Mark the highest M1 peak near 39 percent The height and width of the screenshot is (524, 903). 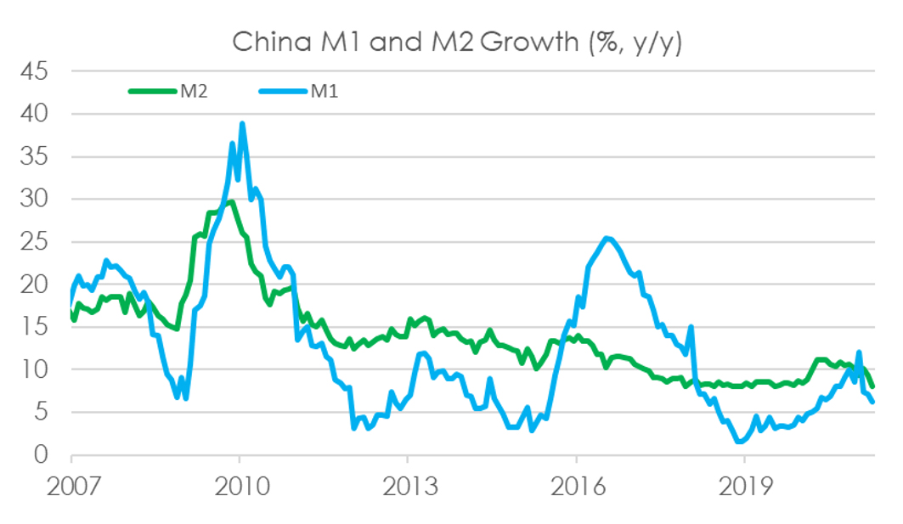(x=242, y=123)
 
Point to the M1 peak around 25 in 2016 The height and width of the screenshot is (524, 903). (x=606, y=239)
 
